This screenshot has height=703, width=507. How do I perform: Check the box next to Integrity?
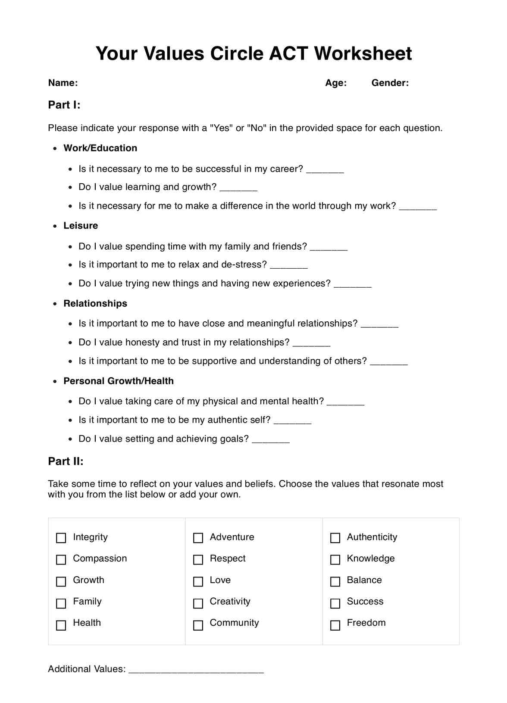click(61, 538)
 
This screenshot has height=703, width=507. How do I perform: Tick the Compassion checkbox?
click(61, 559)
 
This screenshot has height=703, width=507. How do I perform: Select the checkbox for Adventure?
click(198, 538)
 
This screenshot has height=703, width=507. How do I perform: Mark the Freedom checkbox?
click(335, 625)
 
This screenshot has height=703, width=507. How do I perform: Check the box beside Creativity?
click(198, 603)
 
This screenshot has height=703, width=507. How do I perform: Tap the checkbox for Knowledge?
click(335, 559)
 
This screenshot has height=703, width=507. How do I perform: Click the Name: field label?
click(63, 83)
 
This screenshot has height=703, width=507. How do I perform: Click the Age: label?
click(336, 83)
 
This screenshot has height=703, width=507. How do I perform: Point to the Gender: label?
click(390, 83)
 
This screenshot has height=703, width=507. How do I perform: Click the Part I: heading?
click(64, 105)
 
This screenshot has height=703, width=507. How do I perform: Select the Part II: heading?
click(66, 461)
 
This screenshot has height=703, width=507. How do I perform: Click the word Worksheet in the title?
click(363, 53)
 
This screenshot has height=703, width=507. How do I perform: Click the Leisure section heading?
click(81, 226)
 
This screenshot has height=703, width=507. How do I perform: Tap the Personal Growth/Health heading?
click(119, 381)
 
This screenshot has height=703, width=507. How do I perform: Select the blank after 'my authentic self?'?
click(292, 421)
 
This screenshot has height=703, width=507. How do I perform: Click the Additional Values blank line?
click(196, 670)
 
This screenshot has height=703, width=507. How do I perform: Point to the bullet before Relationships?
click(55, 304)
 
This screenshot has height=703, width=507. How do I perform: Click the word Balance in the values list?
click(364, 580)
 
